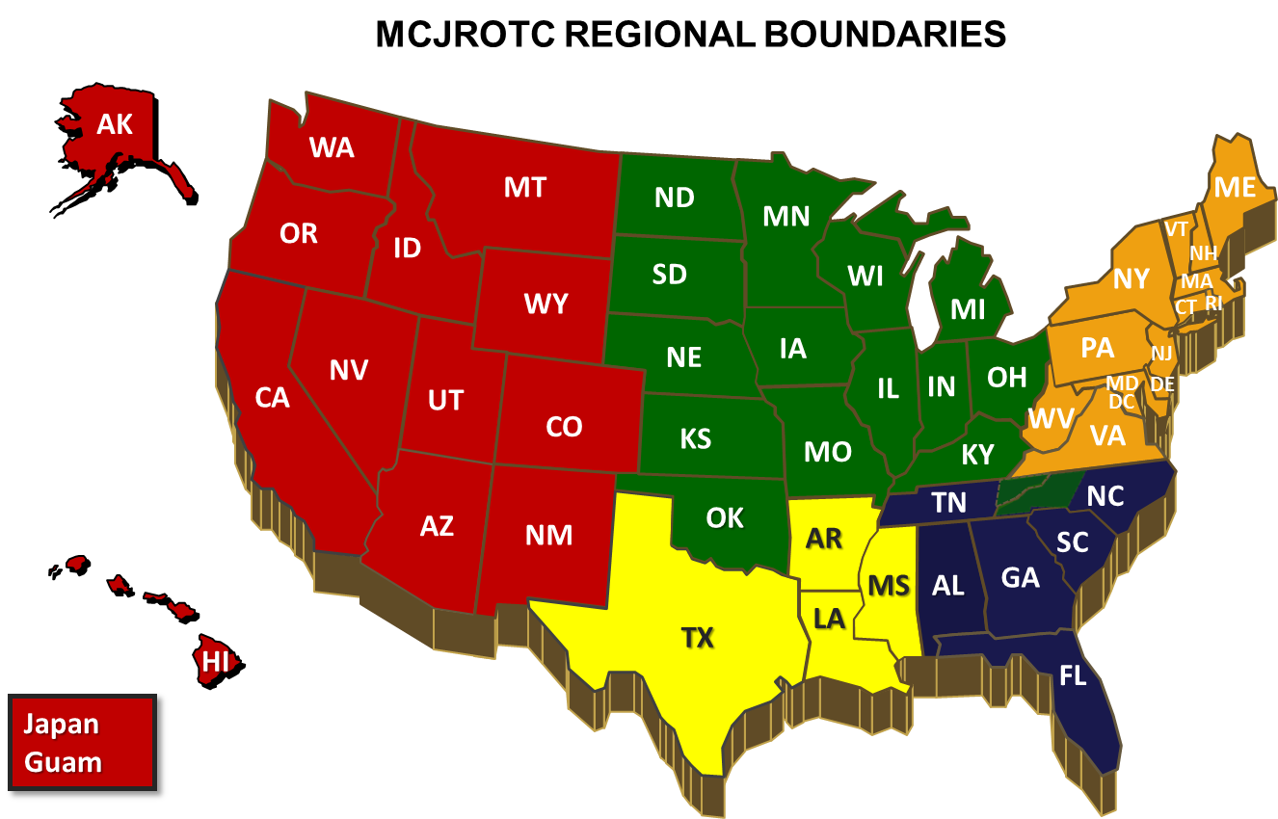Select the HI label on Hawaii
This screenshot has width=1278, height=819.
click(x=216, y=661)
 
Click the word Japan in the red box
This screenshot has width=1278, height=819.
click(x=62, y=724)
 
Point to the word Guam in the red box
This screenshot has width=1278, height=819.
click(x=63, y=762)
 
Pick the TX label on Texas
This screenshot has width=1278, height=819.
click(x=698, y=637)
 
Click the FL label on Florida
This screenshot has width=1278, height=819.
click(x=1073, y=675)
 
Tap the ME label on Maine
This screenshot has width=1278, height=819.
click(x=1235, y=187)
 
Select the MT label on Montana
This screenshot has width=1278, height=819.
click(x=525, y=187)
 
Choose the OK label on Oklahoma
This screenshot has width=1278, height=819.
click(x=725, y=518)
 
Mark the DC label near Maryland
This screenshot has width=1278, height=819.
click(x=1122, y=401)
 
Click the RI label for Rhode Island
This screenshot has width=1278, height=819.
click(x=1213, y=303)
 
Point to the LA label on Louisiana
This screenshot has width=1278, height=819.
click(x=829, y=618)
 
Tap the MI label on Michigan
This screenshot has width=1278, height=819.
click(x=968, y=309)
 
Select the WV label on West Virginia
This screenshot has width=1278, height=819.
click(x=1051, y=419)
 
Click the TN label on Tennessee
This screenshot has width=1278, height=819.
click(x=949, y=501)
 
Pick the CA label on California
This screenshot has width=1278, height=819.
click(x=272, y=397)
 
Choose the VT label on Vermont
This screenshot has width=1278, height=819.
click(x=1176, y=229)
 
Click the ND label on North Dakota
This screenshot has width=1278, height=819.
click(x=674, y=198)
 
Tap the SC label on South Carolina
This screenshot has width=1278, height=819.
click(x=1072, y=542)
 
